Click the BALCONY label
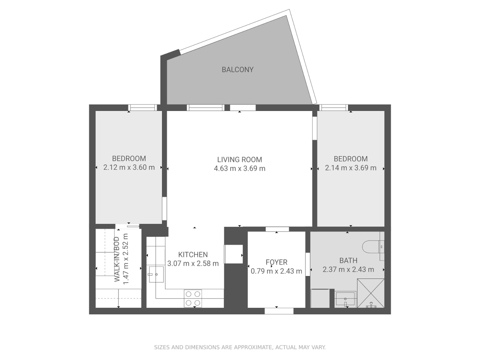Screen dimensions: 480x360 [x=237, y=70]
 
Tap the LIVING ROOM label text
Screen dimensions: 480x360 [x=240, y=160]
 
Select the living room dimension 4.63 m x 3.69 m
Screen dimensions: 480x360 [x=240, y=168]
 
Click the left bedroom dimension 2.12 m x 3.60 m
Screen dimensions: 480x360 [x=129, y=167]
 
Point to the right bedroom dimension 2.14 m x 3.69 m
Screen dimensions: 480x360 [x=351, y=168]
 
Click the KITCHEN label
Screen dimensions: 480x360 [x=193, y=255]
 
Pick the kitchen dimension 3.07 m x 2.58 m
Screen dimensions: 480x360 [x=193, y=264]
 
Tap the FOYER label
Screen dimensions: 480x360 [x=276, y=262]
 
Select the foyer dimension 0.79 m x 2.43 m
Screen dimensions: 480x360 [x=276, y=271]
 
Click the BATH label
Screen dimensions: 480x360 [x=348, y=261]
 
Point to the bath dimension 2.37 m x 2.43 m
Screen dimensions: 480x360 [x=348, y=270]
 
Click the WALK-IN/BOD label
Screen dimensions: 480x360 [x=117, y=259]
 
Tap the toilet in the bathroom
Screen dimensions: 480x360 [x=373, y=247]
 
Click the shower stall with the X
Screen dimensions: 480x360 [x=370, y=293]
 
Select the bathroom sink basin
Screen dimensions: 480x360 [x=345, y=298]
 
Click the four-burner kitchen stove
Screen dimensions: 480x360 [x=193, y=298]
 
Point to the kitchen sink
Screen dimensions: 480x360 [x=156, y=274]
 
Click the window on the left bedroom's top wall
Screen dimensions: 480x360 [x=142, y=108]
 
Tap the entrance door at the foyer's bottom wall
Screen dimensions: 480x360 [x=279, y=311]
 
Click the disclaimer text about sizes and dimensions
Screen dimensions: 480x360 [x=240, y=347]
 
